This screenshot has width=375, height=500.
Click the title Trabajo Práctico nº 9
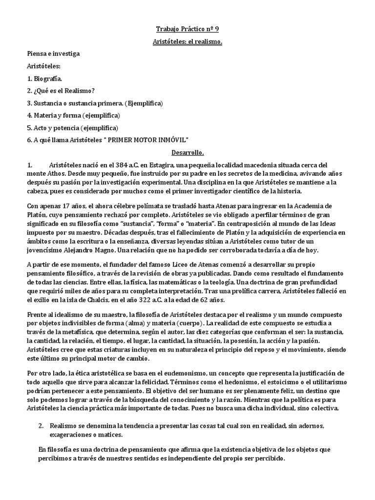[x=187, y=28]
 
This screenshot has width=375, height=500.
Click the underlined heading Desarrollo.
[x=187, y=153]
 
